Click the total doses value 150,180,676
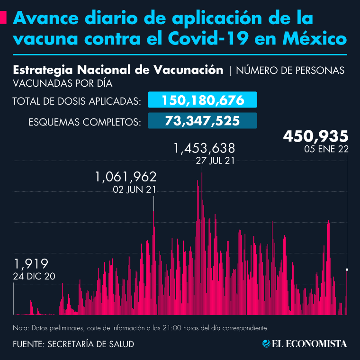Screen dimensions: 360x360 [x=203, y=100]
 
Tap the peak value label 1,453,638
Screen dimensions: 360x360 [x=204, y=149]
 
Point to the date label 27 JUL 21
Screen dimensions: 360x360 [x=215, y=161]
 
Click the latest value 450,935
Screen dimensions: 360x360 [x=315, y=136]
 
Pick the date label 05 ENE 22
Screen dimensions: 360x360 [x=327, y=149]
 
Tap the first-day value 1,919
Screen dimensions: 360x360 [x=31, y=263]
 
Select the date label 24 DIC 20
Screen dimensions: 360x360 [x=34, y=276]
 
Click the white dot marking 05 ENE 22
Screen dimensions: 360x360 [x=348, y=270]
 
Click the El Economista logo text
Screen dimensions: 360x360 [x=309, y=343]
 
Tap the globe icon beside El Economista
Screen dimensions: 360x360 [x=266, y=343]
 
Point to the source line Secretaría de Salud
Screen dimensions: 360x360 [x=73, y=344]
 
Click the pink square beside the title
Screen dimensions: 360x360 [x=3, y=18]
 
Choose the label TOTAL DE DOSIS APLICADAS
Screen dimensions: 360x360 [x=76, y=101]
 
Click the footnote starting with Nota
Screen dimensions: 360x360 [x=141, y=328]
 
